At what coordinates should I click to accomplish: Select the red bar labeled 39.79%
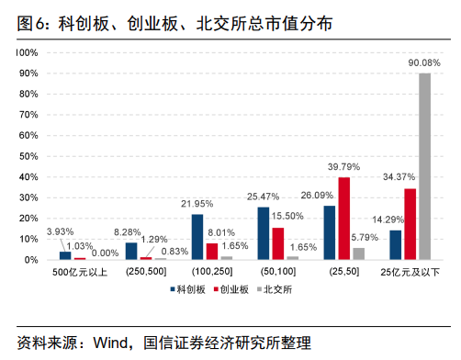click(x=344, y=219)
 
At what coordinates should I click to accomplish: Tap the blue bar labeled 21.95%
click(x=197, y=237)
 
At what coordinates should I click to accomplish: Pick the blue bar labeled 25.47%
click(x=264, y=233)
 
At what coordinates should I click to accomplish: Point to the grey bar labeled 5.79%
click(x=358, y=253)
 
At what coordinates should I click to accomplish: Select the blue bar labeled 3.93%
click(x=65, y=255)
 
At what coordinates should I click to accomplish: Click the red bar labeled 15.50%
click(x=277, y=243)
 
